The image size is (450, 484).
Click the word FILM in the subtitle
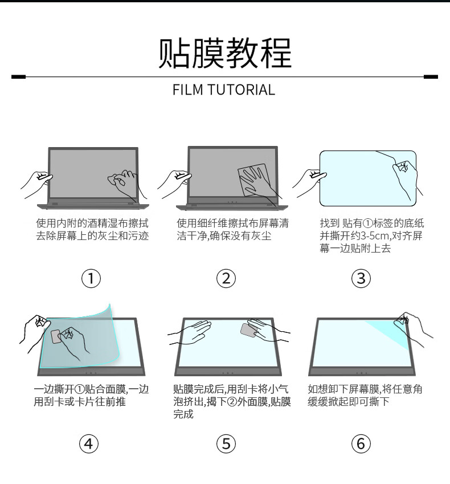(187, 90)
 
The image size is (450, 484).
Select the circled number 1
(91, 278)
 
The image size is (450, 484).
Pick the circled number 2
(226, 278)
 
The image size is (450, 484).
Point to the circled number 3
(361, 278)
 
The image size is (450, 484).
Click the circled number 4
(89, 443)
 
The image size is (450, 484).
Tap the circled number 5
(226, 443)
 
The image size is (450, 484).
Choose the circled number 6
(361, 443)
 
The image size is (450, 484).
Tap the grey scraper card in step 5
(248, 330)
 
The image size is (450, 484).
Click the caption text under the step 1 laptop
(92, 229)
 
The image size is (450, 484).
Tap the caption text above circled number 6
(365, 396)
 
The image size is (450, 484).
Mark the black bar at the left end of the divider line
(18, 76)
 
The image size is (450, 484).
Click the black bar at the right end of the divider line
(431, 76)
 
